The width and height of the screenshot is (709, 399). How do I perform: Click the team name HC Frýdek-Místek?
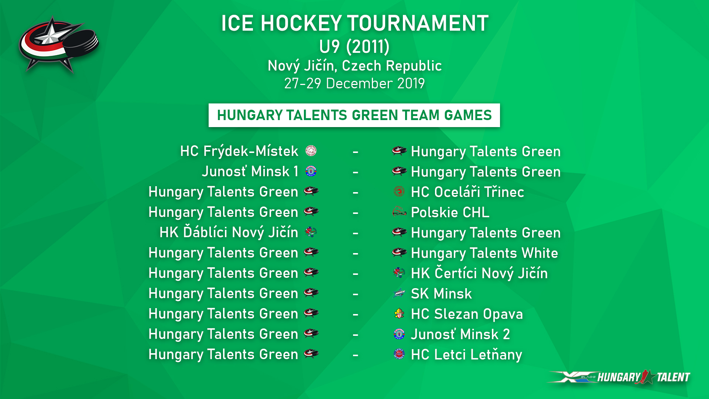click(x=239, y=151)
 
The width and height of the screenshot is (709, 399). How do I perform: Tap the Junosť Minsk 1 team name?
click(x=250, y=171)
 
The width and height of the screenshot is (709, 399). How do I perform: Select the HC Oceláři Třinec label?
click(x=467, y=192)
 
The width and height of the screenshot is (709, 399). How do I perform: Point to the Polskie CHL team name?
click(x=450, y=212)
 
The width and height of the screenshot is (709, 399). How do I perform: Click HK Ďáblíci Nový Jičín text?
click(x=229, y=232)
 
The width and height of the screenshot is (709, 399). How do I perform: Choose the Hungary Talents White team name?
click(x=484, y=253)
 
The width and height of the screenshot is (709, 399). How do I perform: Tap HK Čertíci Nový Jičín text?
click(x=479, y=273)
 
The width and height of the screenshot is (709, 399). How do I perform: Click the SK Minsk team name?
click(x=441, y=294)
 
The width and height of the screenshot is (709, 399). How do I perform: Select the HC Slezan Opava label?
click(x=467, y=314)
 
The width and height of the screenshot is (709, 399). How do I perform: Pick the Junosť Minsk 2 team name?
click(x=460, y=334)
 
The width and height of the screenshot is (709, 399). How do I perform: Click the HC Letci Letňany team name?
click(x=466, y=355)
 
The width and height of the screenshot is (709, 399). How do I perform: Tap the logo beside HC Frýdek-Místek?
click(x=311, y=151)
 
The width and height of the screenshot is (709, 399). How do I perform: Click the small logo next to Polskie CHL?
click(x=399, y=212)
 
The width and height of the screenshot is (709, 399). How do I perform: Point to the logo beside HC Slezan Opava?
click(x=399, y=314)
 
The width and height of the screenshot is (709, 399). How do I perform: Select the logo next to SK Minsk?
click(x=399, y=293)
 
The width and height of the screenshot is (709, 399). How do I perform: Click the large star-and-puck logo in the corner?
click(x=59, y=44)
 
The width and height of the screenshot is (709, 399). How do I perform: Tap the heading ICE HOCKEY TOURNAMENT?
click(x=354, y=23)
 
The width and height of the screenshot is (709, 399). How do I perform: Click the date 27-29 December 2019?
click(x=354, y=83)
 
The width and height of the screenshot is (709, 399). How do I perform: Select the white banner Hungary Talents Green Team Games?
click(x=354, y=115)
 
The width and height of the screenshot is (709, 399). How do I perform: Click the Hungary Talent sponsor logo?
click(x=619, y=377)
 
